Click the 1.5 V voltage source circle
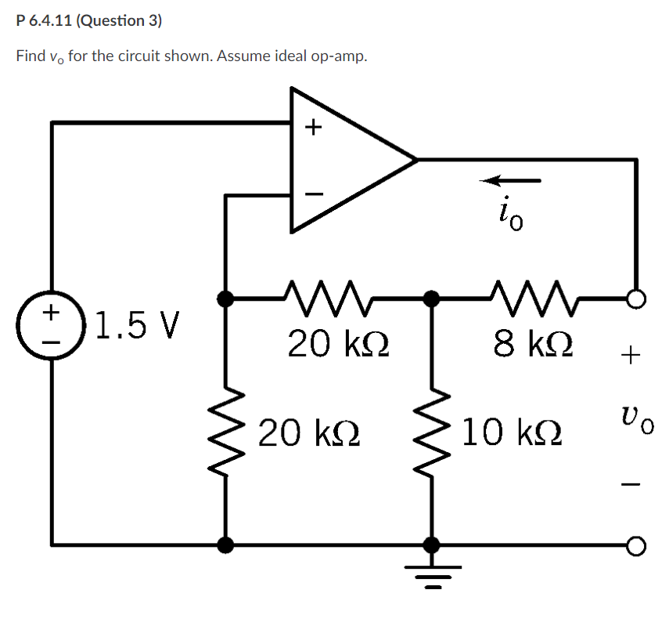coord(52,323)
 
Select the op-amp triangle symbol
coord(344,160)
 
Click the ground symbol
coord(430,577)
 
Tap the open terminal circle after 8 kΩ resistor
coord(636,298)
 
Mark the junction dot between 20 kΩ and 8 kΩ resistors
coord(430,298)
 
